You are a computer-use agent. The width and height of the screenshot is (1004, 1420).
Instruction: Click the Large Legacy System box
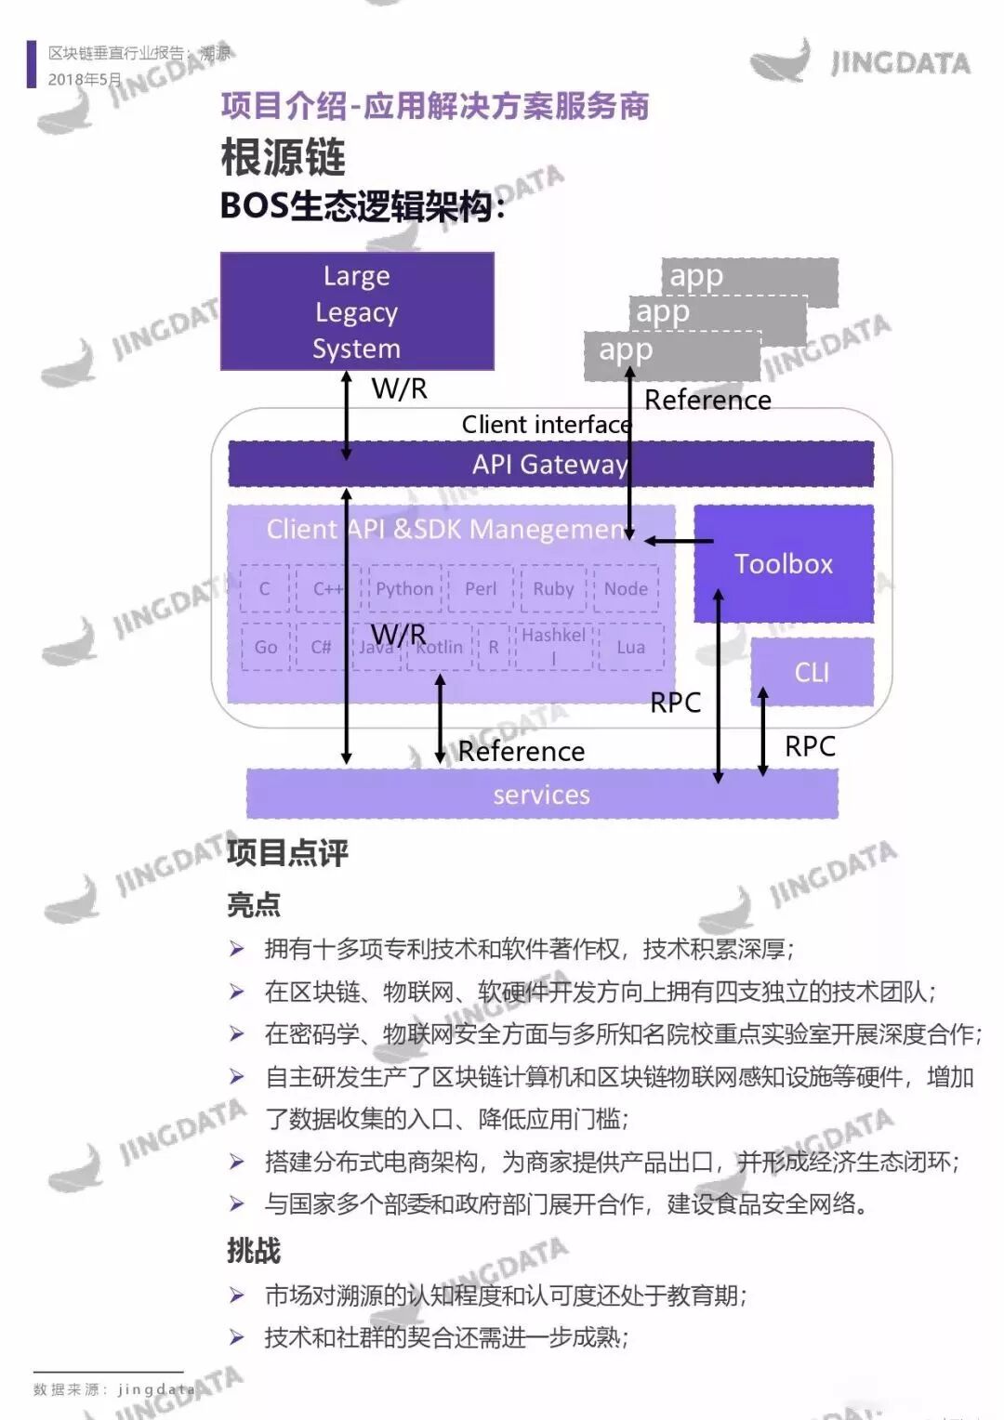[356, 311]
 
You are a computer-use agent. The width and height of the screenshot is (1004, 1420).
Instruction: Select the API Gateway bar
[550, 464]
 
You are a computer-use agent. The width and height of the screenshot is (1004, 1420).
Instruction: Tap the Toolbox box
[783, 564]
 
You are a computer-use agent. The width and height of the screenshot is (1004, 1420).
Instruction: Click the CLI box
[812, 672]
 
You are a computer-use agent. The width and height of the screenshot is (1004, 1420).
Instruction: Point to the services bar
[541, 795]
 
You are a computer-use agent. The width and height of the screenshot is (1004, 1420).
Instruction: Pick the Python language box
[404, 588]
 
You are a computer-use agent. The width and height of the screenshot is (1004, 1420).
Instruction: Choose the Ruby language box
[553, 588]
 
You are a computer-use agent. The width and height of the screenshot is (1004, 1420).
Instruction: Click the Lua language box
[630, 647]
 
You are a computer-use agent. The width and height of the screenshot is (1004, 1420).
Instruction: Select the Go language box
[266, 647]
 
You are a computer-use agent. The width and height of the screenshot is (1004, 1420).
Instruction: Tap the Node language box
[626, 588]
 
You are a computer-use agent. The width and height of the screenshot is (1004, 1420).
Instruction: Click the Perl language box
[481, 588]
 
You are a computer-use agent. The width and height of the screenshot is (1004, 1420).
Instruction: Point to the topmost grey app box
[749, 277]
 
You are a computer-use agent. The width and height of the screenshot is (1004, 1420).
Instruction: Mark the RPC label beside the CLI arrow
[810, 746]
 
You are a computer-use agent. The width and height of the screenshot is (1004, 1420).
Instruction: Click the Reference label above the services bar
[522, 751]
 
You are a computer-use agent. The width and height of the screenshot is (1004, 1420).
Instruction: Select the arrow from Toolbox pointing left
[679, 541]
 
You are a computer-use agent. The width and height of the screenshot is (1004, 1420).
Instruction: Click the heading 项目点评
[287, 852]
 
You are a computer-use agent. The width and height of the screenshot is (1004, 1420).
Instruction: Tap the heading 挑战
[254, 1251]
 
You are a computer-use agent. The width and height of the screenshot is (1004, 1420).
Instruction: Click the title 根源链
[284, 157]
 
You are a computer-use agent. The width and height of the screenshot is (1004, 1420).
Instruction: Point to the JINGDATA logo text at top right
[900, 63]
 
